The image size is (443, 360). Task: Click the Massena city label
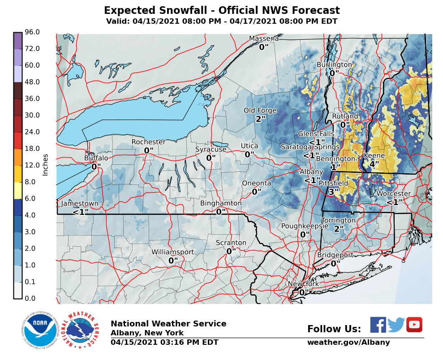tap(264, 39)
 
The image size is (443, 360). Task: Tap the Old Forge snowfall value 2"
tap(261, 119)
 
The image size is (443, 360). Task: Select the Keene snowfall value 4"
tap(374, 164)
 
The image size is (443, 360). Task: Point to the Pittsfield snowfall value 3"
tap(334, 192)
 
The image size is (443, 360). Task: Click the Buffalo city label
tap(96, 158)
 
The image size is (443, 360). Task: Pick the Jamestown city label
tap(79, 203)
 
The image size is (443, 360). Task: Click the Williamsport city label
tap(172, 252)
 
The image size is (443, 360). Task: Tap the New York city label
tap(303, 284)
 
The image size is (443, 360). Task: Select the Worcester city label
tap(393, 194)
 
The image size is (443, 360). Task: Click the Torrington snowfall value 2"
tap(339, 229)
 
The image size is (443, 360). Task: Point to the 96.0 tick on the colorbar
tap(32, 32)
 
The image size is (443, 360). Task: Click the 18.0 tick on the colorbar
tap(32, 148)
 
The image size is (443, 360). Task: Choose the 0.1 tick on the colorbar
tap(30, 282)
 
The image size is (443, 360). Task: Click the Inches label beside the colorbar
tap(45, 165)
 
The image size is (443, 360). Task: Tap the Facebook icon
tap(378, 325)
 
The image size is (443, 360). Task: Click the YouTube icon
tap(414, 325)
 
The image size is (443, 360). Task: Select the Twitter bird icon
tap(396, 325)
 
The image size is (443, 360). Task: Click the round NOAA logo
tap(40, 332)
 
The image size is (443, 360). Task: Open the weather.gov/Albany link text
tap(348, 343)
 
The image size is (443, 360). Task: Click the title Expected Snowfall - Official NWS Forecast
tap(222, 11)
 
